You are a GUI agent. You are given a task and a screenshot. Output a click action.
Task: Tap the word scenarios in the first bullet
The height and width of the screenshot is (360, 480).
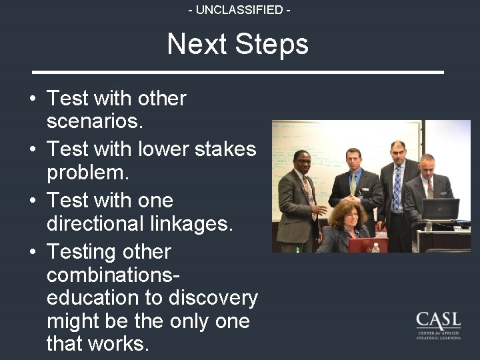[95, 122]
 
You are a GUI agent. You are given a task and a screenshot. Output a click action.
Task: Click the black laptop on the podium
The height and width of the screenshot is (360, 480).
[441, 209]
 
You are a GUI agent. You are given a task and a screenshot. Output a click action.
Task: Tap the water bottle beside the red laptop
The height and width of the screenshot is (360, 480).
[375, 247]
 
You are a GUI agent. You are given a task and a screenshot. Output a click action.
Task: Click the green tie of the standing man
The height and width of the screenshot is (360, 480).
[353, 184]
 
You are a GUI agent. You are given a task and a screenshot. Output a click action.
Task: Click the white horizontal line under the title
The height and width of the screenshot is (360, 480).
[239, 71]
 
